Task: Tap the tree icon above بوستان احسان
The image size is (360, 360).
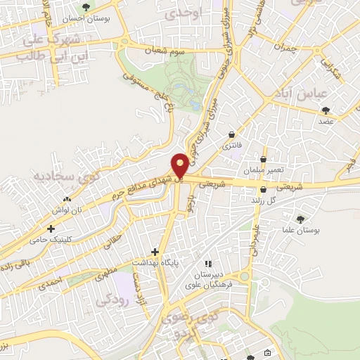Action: click(x=86, y=7)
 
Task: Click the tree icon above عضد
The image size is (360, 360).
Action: click(x=326, y=110)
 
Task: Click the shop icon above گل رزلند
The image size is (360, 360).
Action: click(x=263, y=189)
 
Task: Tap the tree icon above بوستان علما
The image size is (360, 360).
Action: click(x=301, y=218)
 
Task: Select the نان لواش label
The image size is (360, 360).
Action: click(x=70, y=210)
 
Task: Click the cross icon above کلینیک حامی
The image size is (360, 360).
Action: click(x=50, y=229)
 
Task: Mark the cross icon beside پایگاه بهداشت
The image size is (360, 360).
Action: click(x=155, y=252)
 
